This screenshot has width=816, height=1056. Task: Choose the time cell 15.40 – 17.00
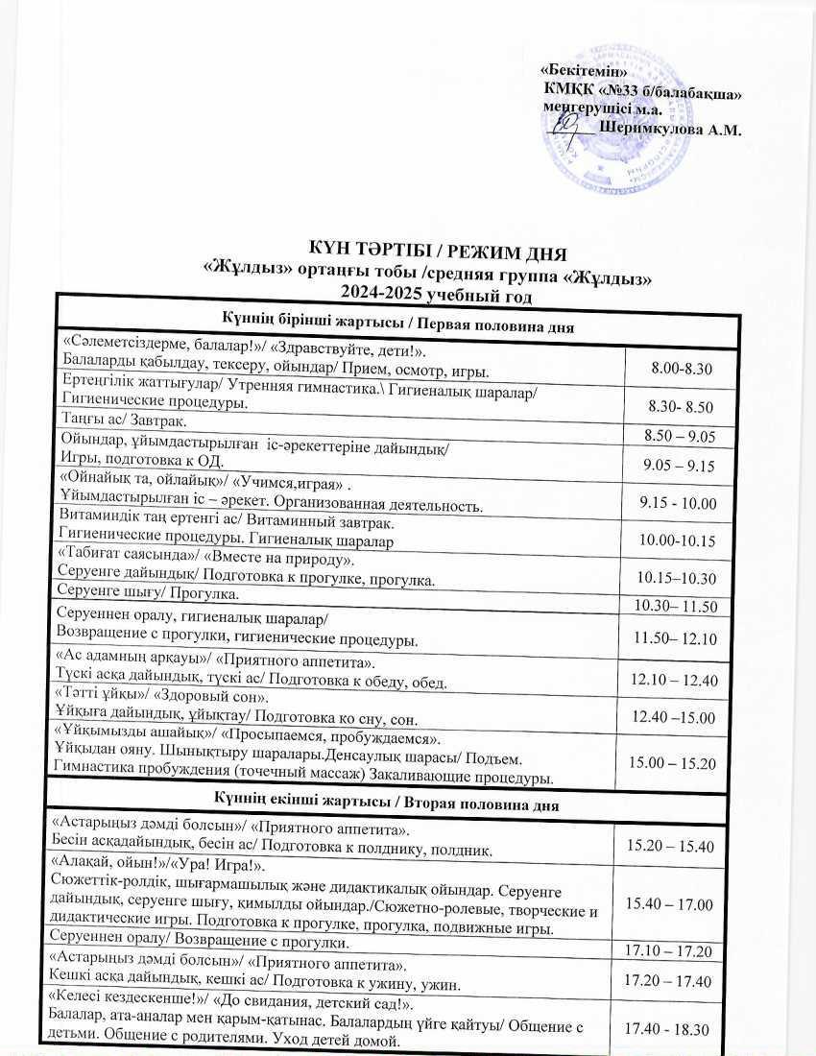669,904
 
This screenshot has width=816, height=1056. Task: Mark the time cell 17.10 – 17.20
668,951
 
